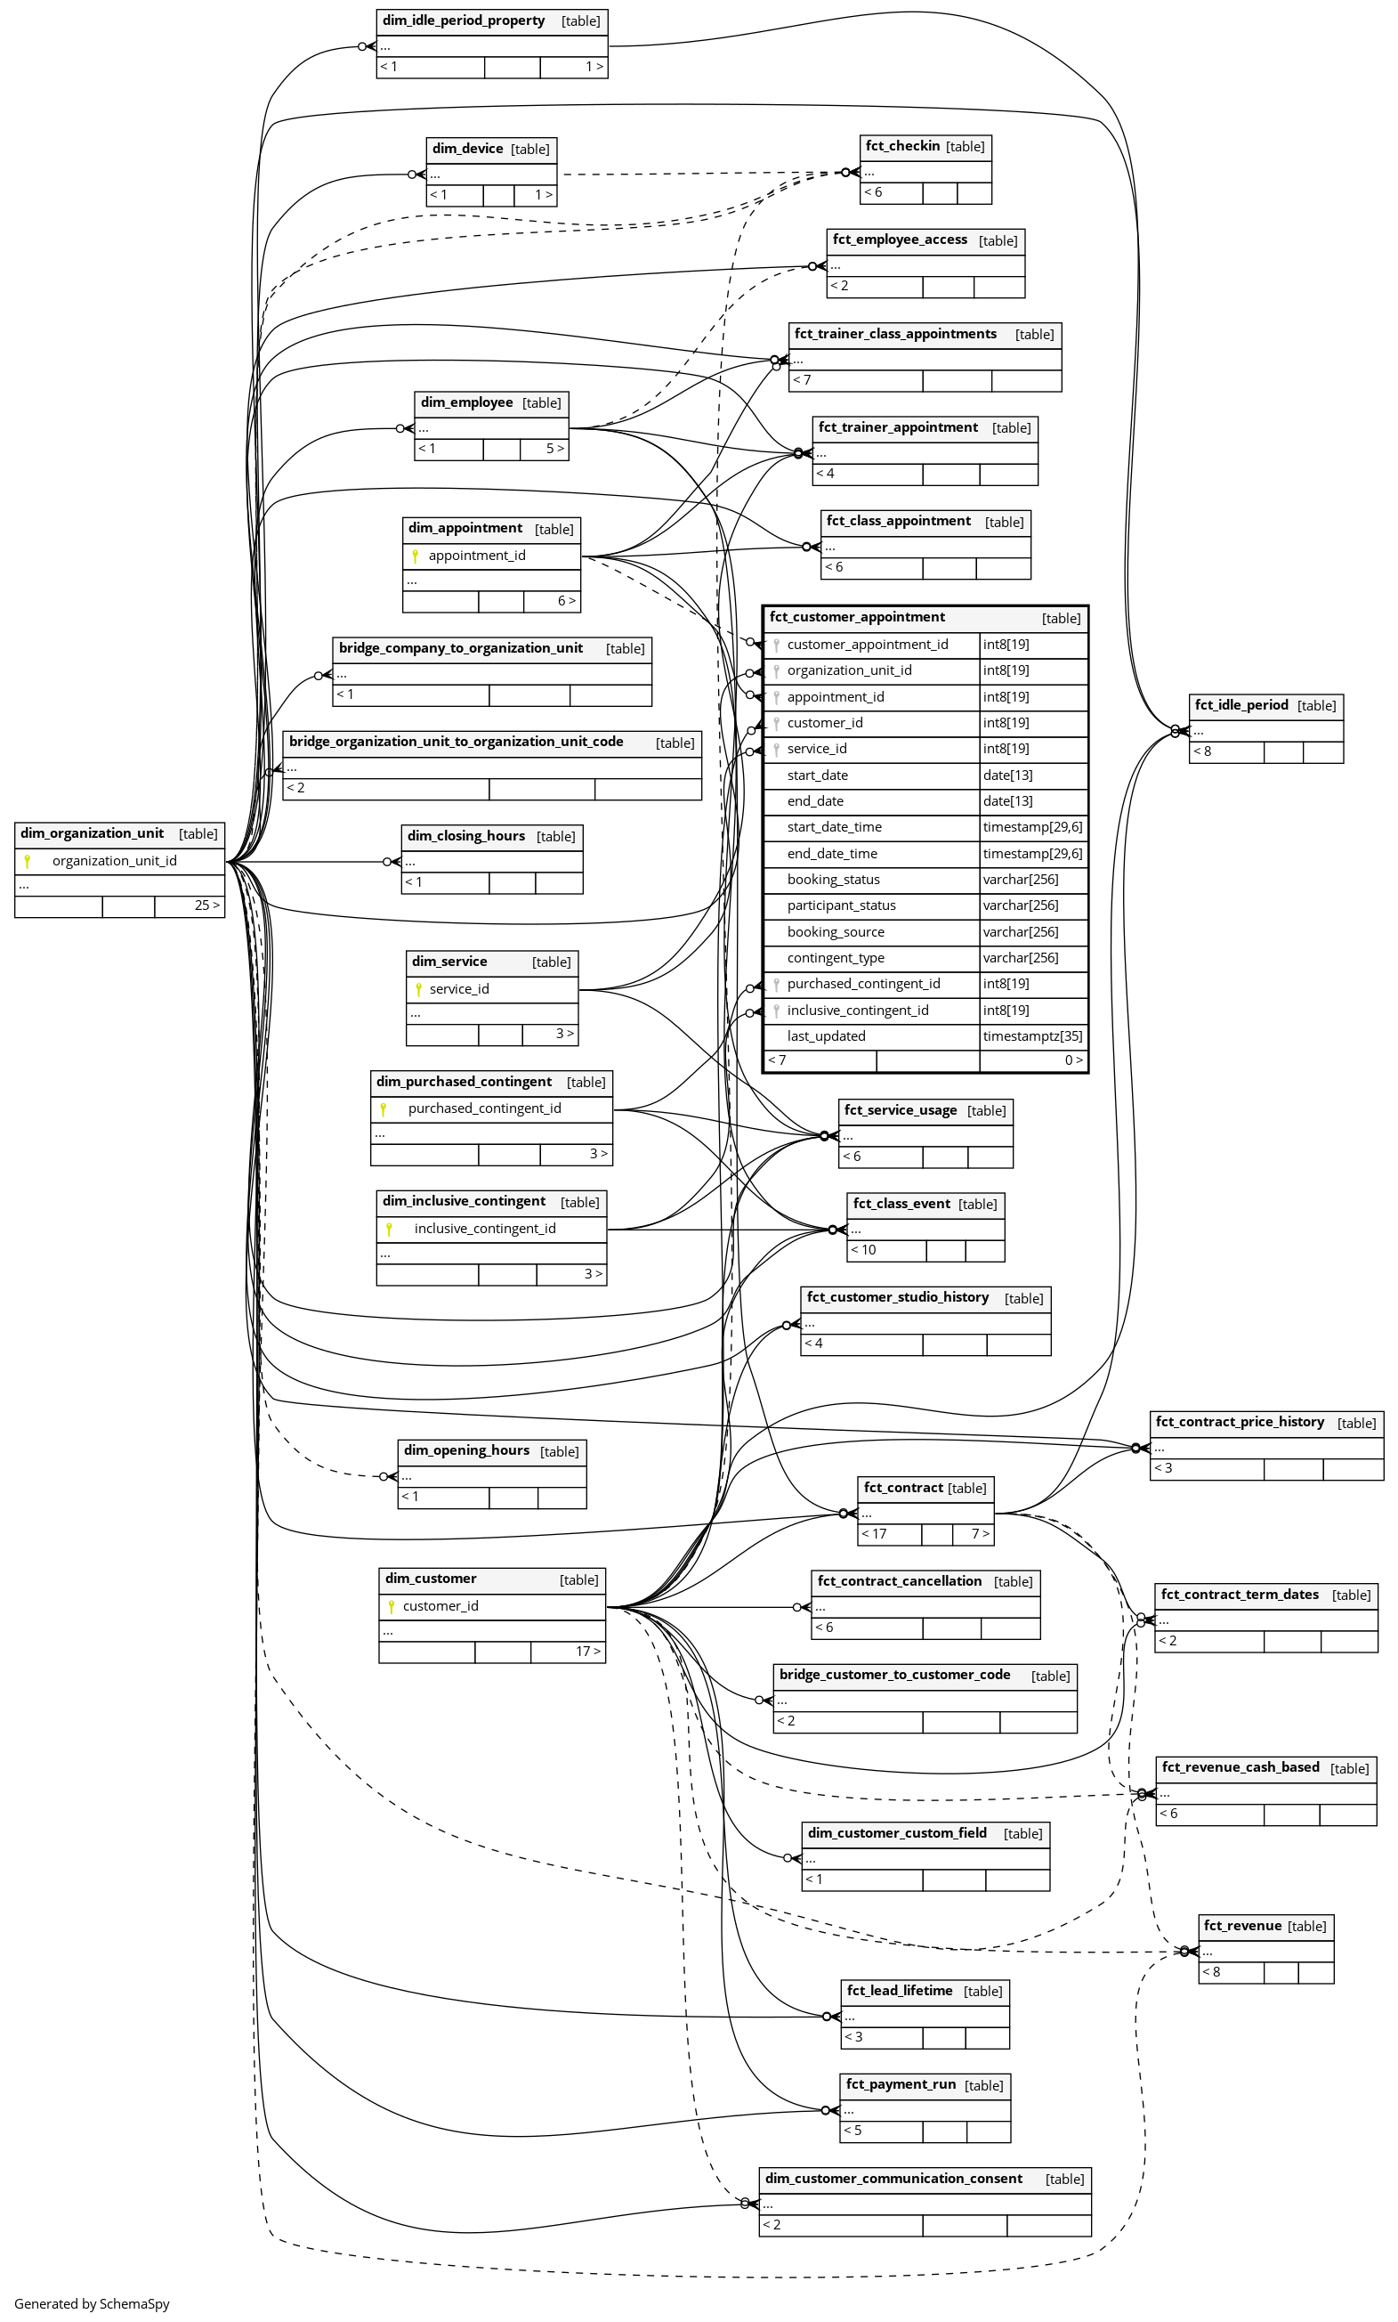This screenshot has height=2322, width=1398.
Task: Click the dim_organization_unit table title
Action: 93,834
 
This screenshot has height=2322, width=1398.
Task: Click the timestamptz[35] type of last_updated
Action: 1032,1035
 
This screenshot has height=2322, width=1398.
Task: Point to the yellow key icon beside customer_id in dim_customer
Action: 391,1607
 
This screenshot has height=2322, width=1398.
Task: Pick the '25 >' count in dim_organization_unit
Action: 207,905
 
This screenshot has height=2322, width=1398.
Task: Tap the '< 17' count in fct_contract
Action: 874,1534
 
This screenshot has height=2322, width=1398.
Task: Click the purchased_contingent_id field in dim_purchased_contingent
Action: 484,1109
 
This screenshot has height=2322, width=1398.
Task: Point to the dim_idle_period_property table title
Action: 464,20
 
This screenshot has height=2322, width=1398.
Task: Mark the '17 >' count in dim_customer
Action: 588,1651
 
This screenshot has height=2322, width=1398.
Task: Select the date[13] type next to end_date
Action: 1008,801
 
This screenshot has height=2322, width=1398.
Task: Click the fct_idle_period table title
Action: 1241,705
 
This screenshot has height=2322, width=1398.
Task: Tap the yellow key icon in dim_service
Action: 418,989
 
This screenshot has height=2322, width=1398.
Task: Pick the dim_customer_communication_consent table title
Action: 893,2179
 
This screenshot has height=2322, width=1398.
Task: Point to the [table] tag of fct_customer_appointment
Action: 1061,618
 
